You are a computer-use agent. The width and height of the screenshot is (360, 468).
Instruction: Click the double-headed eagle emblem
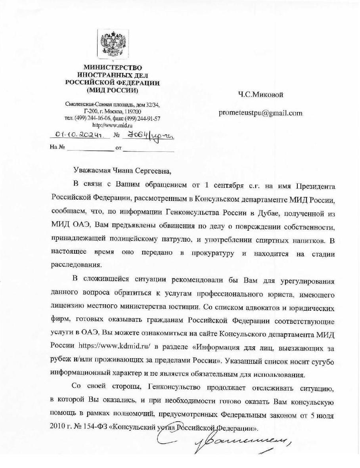click(x=113, y=44)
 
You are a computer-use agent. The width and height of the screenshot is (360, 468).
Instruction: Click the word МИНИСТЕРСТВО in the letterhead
click(x=113, y=68)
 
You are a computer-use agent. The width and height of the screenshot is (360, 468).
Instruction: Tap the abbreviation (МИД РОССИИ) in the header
click(x=113, y=90)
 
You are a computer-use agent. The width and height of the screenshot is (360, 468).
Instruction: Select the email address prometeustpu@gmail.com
click(x=260, y=113)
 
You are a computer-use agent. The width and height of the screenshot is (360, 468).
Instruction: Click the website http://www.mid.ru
click(x=113, y=125)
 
